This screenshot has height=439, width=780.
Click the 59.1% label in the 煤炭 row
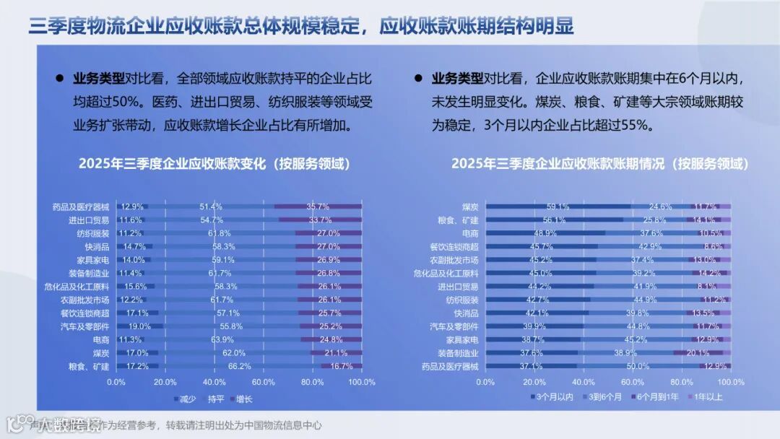point(557,207)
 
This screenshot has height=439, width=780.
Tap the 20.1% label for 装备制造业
point(698,353)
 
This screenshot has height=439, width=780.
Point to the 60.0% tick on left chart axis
point(264,382)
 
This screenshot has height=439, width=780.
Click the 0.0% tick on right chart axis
point(485,382)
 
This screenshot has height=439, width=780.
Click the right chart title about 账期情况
point(599,164)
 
